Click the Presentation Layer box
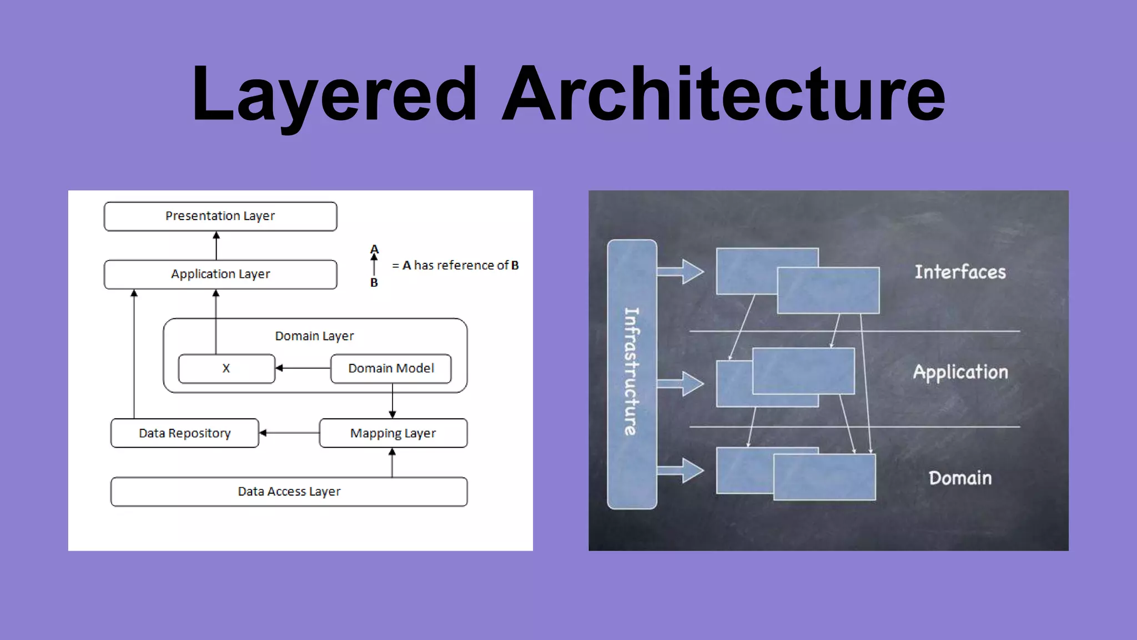220,216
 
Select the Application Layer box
220,274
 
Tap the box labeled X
227,368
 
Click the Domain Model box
391,368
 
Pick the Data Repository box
185,433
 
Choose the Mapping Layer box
393,433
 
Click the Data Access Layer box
289,492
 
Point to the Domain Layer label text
314,336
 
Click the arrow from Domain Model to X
303,368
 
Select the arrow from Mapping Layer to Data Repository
289,433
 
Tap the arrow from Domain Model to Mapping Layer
393,401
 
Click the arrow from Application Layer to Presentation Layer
217,246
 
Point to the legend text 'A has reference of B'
455,266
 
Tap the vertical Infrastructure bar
632,374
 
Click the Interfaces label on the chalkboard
960,272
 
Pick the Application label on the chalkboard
960,372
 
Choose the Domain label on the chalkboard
960,478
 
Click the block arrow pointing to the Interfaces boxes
681,272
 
